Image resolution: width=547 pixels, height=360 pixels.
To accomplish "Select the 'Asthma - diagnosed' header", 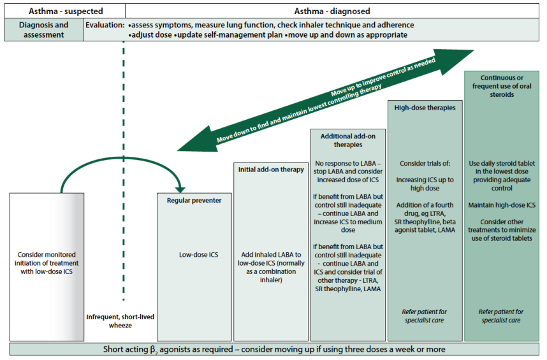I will tap(332, 11).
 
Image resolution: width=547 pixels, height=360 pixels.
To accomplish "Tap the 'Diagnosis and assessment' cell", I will tap(43, 30).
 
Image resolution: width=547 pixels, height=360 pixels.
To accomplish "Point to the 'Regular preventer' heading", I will tap(194, 201).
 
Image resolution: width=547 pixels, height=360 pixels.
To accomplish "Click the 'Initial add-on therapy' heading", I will tap(271, 169).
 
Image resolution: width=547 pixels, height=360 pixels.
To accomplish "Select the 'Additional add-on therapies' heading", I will tap(347, 141).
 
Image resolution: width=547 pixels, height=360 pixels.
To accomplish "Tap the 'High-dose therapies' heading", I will tap(425, 108).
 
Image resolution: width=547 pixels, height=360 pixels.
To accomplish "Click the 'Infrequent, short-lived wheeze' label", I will tap(120, 320).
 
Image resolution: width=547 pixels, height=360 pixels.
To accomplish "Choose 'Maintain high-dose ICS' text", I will tap(501, 206).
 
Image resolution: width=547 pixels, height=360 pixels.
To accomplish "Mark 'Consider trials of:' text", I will tap(425, 164).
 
